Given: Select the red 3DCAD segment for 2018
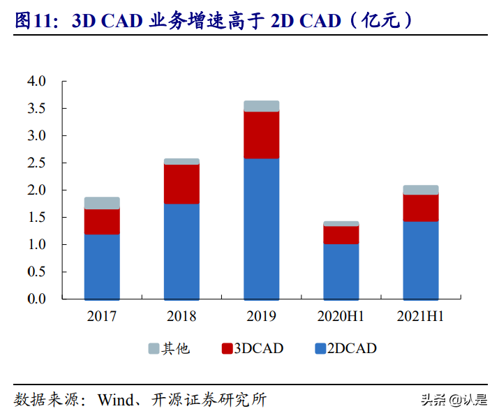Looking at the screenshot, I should (x=181, y=184).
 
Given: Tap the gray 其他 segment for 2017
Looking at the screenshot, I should (x=102, y=203).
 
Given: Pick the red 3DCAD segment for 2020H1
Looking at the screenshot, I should (x=341, y=235).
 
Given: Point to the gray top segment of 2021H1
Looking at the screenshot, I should (x=421, y=190).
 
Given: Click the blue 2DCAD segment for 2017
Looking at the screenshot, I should (x=102, y=267).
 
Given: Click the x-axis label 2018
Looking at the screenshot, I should (x=181, y=316).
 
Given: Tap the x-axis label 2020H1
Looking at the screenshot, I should (x=341, y=316).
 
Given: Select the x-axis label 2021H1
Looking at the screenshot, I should (x=421, y=316).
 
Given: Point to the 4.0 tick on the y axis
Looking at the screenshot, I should (x=36, y=82).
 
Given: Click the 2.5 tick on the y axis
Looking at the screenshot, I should (x=36, y=163).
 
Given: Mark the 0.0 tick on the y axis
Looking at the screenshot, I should (x=36, y=299).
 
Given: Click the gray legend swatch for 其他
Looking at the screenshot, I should (x=153, y=348).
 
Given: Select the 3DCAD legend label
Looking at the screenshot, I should (x=260, y=348).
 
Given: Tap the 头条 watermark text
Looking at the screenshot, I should (x=434, y=400).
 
